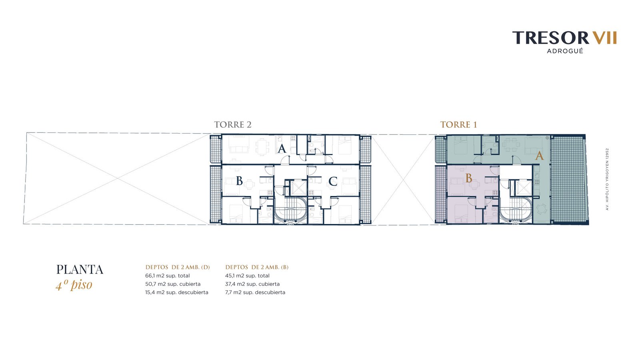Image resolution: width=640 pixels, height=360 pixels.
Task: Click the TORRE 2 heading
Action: (x=233, y=124)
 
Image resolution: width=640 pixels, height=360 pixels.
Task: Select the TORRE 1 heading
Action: (x=458, y=124)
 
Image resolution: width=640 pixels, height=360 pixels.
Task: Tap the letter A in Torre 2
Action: (x=282, y=148)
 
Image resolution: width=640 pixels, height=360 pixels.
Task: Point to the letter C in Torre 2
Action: (x=333, y=182)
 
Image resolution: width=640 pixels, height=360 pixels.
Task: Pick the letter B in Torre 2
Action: (x=240, y=181)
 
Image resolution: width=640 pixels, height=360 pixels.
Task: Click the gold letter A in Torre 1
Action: (x=540, y=156)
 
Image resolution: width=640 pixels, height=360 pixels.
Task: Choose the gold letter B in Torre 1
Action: (x=469, y=178)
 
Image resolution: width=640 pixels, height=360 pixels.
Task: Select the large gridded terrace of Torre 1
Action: (x=568, y=180)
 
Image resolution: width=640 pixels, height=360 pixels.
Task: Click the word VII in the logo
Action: (x=604, y=38)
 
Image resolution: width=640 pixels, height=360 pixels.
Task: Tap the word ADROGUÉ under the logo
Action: (x=565, y=51)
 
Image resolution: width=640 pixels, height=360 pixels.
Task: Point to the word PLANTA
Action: (x=80, y=270)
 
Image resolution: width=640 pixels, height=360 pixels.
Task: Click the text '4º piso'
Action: (x=74, y=285)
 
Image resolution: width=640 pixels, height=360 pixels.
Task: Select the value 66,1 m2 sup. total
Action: (x=168, y=276)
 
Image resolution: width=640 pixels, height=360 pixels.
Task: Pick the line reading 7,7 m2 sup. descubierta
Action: (x=255, y=292)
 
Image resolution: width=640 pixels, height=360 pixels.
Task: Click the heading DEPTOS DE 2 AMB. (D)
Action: (x=178, y=267)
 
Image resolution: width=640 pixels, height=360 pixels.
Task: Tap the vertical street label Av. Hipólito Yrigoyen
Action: (x=607, y=179)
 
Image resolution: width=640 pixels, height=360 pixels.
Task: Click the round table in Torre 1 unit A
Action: (x=541, y=210)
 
